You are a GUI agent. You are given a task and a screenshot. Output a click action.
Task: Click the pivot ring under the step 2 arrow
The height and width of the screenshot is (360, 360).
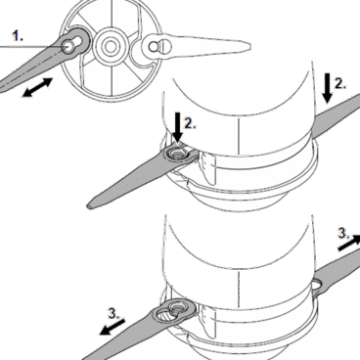177,155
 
